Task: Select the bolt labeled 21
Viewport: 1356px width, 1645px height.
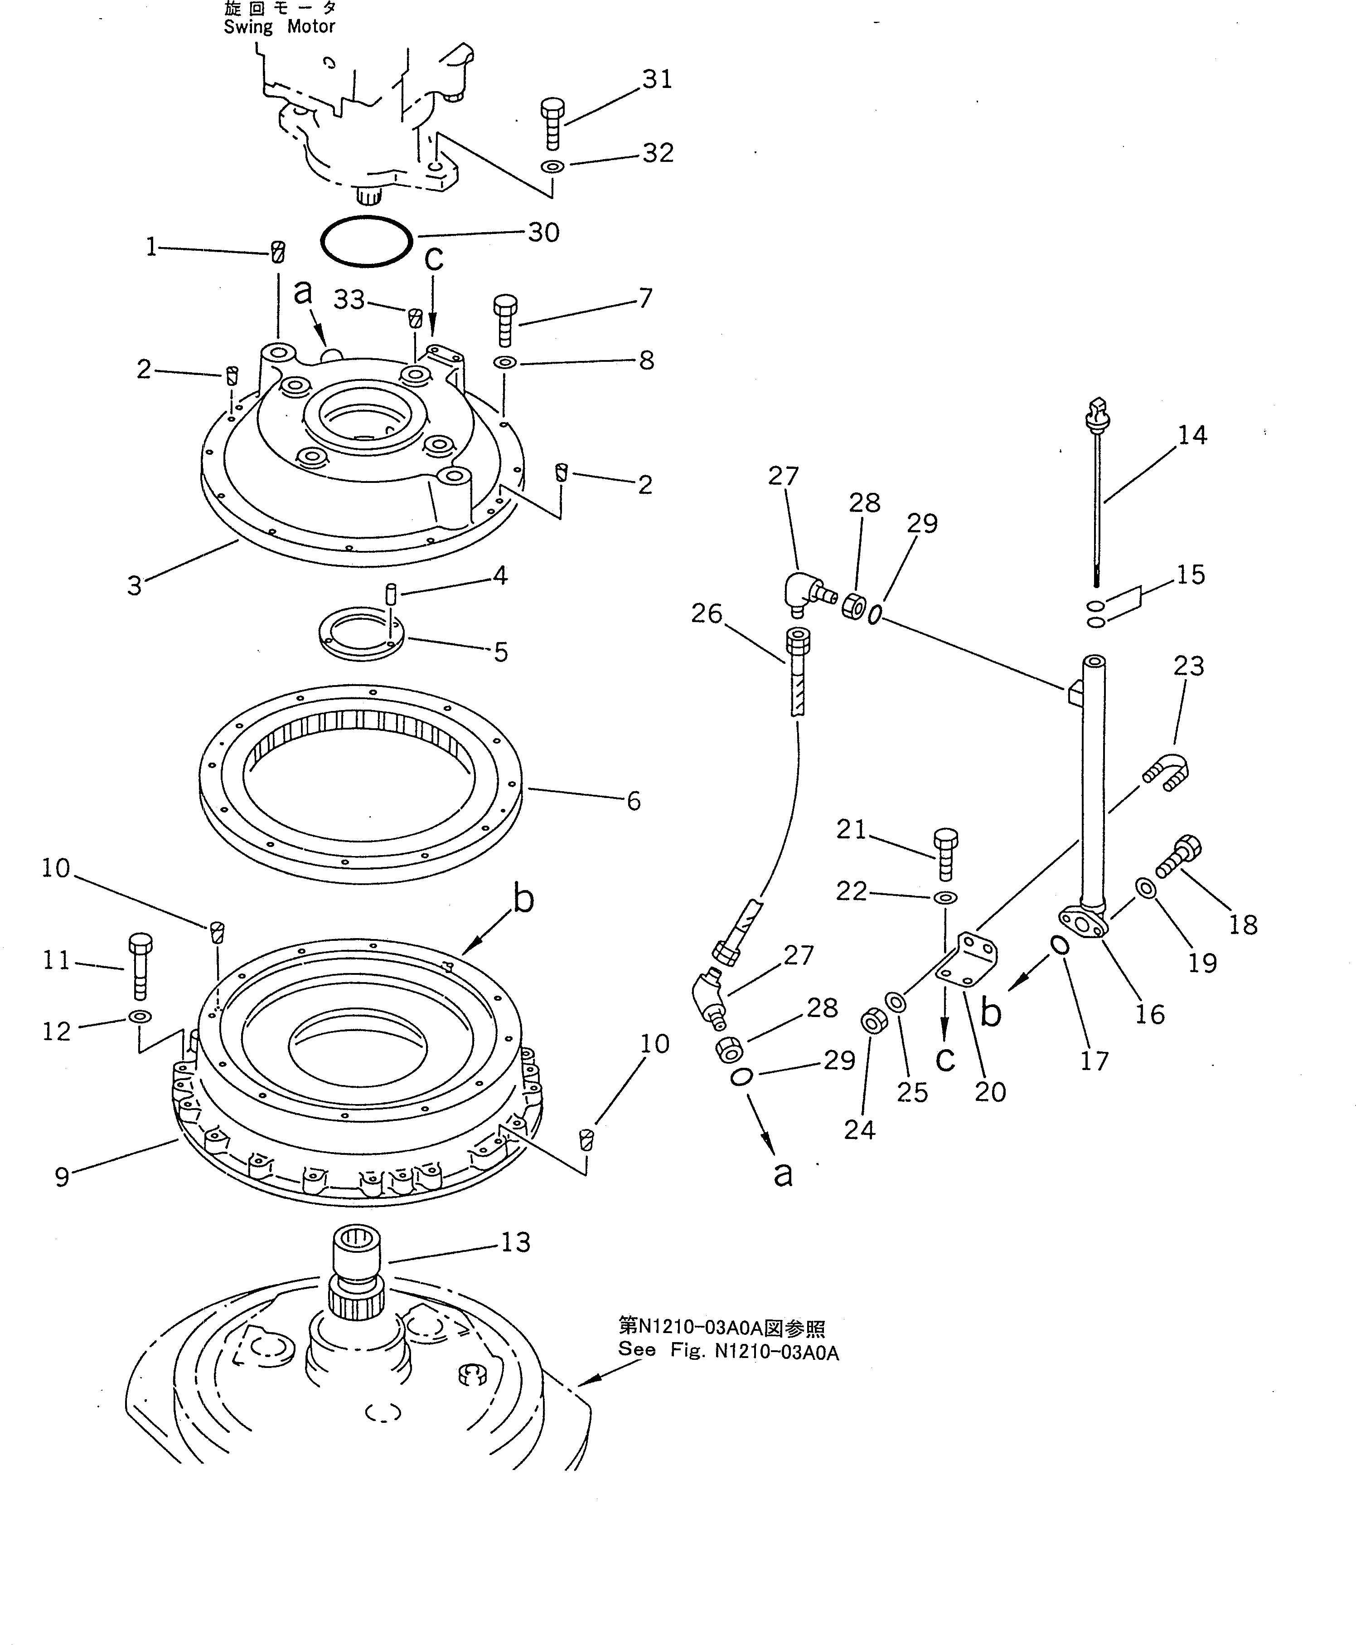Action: click(945, 854)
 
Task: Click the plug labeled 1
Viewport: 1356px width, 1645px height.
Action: click(277, 253)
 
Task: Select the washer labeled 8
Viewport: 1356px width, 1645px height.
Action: click(504, 363)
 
